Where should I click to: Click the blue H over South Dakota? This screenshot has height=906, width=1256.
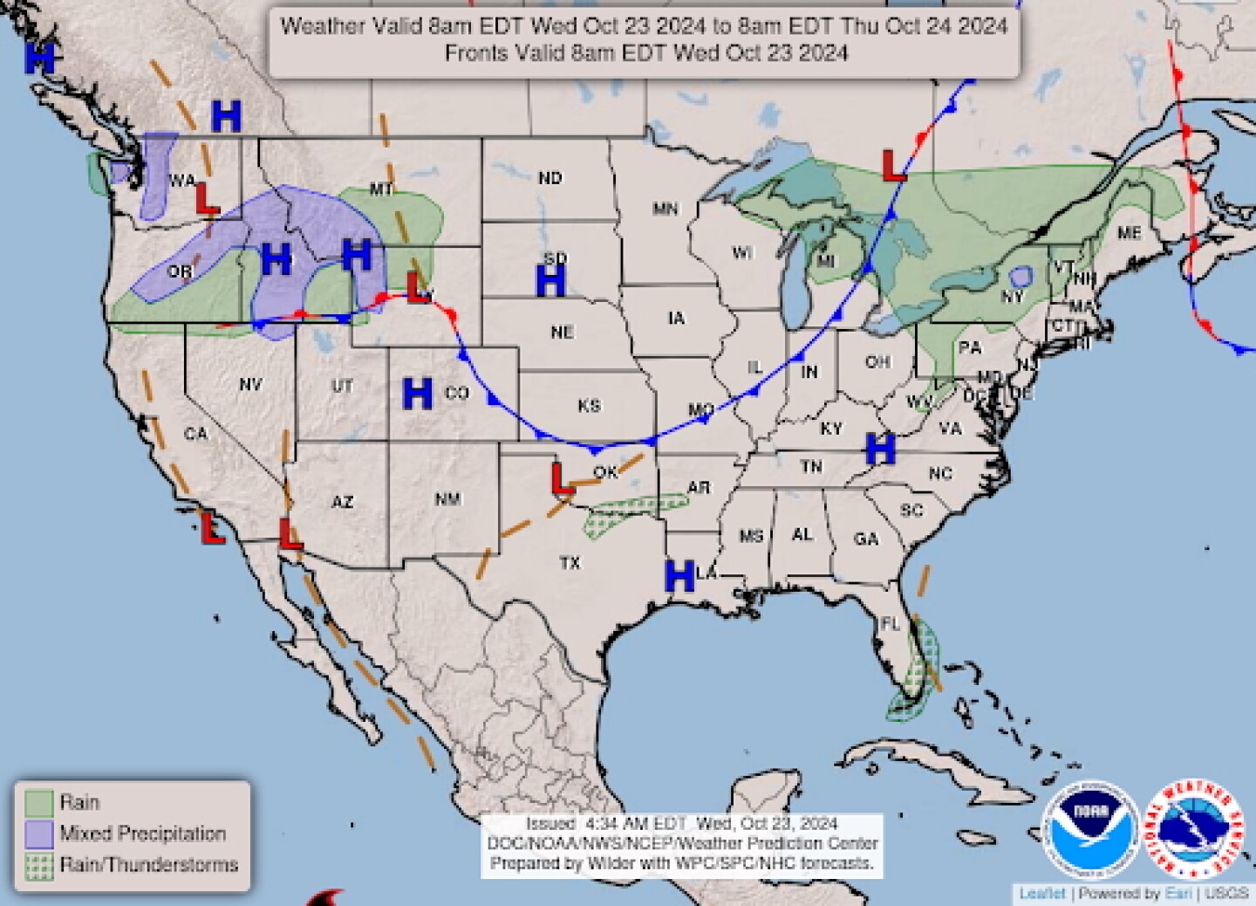[x=550, y=281]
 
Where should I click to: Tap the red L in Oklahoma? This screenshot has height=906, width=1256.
[x=563, y=478]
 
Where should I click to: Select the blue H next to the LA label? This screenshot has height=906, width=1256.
[x=679, y=576]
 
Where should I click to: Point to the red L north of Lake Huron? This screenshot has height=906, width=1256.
[x=893, y=165]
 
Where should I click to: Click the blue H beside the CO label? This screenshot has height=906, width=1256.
[x=418, y=394]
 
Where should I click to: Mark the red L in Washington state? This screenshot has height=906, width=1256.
[x=207, y=199]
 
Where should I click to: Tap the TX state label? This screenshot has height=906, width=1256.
[x=570, y=563]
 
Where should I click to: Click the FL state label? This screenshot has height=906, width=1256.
[x=890, y=624]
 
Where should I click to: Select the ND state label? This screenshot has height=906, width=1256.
[x=549, y=178]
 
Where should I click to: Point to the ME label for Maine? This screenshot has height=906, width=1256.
[x=1129, y=233]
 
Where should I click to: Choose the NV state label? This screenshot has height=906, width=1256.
[x=250, y=384]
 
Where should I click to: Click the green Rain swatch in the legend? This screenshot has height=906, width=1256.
[x=39, y=802]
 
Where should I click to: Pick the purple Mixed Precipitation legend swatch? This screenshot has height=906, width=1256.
[x=39, y=834]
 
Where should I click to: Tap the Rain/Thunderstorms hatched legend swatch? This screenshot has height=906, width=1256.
[x=39, y=865]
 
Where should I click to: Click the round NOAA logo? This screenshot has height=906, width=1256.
[x=1091, y=827]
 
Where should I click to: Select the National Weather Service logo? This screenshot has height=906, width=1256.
[x=1194, y=827]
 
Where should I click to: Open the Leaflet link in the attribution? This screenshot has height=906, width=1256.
[x=1042, y=893]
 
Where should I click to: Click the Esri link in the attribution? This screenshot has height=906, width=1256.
[x=1176, y=893]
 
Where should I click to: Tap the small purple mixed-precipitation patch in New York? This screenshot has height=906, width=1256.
[x=1018, y=278]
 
